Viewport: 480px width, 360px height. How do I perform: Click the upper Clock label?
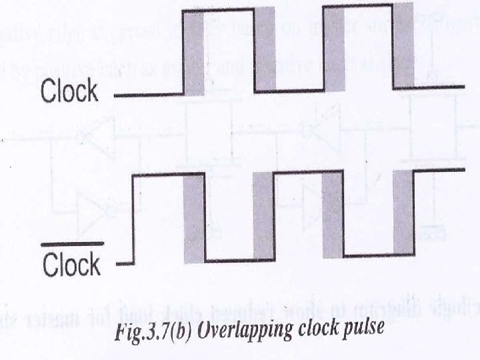pyautogui.click(x=71, y=91)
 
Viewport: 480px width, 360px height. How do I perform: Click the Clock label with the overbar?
pyautogui.click(x=71, y=265)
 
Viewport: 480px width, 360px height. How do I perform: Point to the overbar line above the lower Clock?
pyautogui.click(x=72, y=245)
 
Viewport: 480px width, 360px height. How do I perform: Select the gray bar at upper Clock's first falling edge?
pyautogui.click(x=265, y=49)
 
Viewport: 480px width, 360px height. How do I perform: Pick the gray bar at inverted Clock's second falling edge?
pyautogui.click(x=333, y=215)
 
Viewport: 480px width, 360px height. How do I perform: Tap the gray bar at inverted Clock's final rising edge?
pyautogui.click(x=403, y=212)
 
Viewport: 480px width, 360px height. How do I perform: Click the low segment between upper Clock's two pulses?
pyautogui.click(x=299, y=90)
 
